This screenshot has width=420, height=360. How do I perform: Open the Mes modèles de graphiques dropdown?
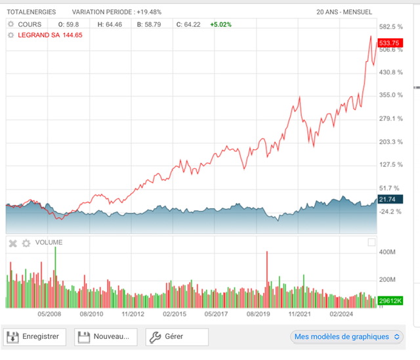[347, 337]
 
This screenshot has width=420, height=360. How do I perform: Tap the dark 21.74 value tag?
[387, 199]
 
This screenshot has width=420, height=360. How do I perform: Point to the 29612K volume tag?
[390, 300]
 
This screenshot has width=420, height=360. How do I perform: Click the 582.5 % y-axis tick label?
[390, 27]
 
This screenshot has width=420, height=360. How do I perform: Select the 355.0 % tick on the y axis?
[390, 95]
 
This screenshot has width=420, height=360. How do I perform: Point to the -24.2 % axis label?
[390, 212]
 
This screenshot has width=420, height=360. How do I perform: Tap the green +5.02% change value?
[220, 24]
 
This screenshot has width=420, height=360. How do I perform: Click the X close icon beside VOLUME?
[12, 243]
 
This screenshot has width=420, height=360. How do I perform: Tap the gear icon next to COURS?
[10, 24]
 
